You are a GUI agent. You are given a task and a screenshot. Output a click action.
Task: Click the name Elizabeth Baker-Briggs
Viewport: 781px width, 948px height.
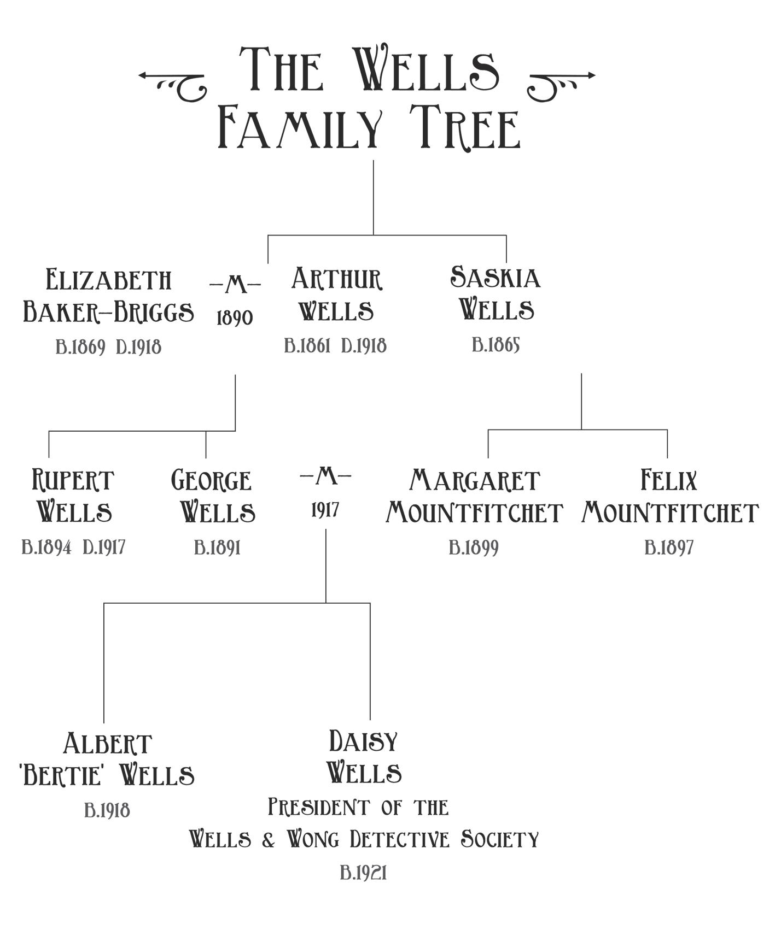coord(108,296)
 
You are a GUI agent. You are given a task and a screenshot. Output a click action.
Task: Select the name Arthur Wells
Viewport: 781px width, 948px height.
coord(336,295)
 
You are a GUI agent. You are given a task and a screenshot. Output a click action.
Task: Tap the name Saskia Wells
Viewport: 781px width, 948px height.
coord(496,294)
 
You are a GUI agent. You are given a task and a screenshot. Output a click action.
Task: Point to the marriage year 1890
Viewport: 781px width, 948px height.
coord(235,318)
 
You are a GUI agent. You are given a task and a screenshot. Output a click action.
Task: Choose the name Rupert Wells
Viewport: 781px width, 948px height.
coord(73,496)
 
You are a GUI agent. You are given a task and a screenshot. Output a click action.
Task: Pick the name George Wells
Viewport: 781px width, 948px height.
coord(213,496)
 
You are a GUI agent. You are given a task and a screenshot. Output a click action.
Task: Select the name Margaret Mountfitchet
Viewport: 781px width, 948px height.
coord(474,496)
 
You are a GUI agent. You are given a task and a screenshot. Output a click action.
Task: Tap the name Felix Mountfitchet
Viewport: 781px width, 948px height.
coord(669,496)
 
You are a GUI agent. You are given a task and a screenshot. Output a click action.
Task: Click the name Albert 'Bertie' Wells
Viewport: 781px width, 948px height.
coord(107,759)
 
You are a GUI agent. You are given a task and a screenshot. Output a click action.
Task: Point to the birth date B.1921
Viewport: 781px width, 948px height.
coord(363,873)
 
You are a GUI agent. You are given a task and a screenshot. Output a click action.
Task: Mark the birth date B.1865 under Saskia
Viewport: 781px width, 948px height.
coord(496,345)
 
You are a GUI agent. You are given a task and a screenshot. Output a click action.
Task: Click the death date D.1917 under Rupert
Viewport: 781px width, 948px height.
coord(104,547)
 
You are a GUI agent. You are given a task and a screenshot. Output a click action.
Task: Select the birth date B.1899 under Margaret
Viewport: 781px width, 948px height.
coord(474,547)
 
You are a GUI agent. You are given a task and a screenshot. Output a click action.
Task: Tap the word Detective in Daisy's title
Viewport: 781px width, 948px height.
coord(399,839)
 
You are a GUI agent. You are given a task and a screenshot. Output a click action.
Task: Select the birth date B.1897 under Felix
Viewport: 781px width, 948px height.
coord(669,547)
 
